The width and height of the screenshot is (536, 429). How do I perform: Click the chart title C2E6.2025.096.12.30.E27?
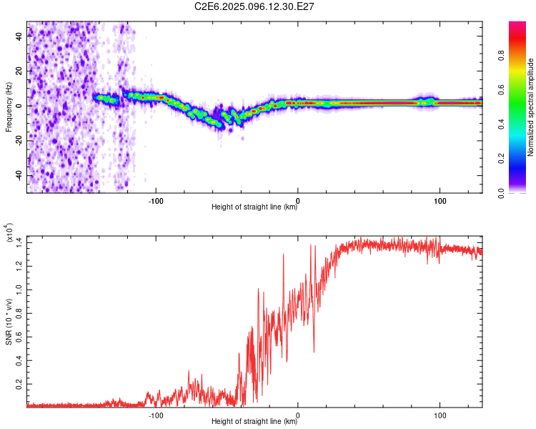tap(254, 6)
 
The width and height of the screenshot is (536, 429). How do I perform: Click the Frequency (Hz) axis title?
tap(9, 107)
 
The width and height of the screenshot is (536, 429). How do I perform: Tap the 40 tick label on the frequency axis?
tap(19, 36)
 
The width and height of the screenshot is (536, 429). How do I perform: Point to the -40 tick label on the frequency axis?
tap(19, 174)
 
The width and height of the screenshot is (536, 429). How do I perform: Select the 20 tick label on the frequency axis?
tap(19, 71)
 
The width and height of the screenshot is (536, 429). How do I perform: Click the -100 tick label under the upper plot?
tap(156, 201)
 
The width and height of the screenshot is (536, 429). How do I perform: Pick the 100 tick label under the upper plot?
tap(440, 201)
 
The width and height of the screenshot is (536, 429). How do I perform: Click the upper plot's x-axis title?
tap(254, 207)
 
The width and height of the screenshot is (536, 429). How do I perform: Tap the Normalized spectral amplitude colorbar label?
tap(530, 107)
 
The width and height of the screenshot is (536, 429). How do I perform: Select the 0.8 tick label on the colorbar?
tap(501, 55)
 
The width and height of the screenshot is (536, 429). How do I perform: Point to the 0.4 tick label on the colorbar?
tap(501, 124)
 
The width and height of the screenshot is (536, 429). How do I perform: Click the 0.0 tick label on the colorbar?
tap(501, 193)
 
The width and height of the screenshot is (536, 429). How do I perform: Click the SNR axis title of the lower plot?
tap(9, 322)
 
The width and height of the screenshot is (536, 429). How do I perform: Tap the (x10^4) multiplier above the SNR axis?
tap(9, 232)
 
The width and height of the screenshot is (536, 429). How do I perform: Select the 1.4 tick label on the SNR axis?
tap(19, 243)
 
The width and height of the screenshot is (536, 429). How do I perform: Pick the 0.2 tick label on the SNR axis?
tap(19, 384)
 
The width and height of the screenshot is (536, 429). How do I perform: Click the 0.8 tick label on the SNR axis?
tap(19, 313)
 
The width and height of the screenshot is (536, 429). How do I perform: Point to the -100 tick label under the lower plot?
tap(156, 415)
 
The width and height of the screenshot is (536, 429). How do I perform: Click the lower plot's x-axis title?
tap(254, 421)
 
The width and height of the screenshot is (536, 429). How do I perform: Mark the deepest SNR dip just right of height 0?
tap(314, 352)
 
